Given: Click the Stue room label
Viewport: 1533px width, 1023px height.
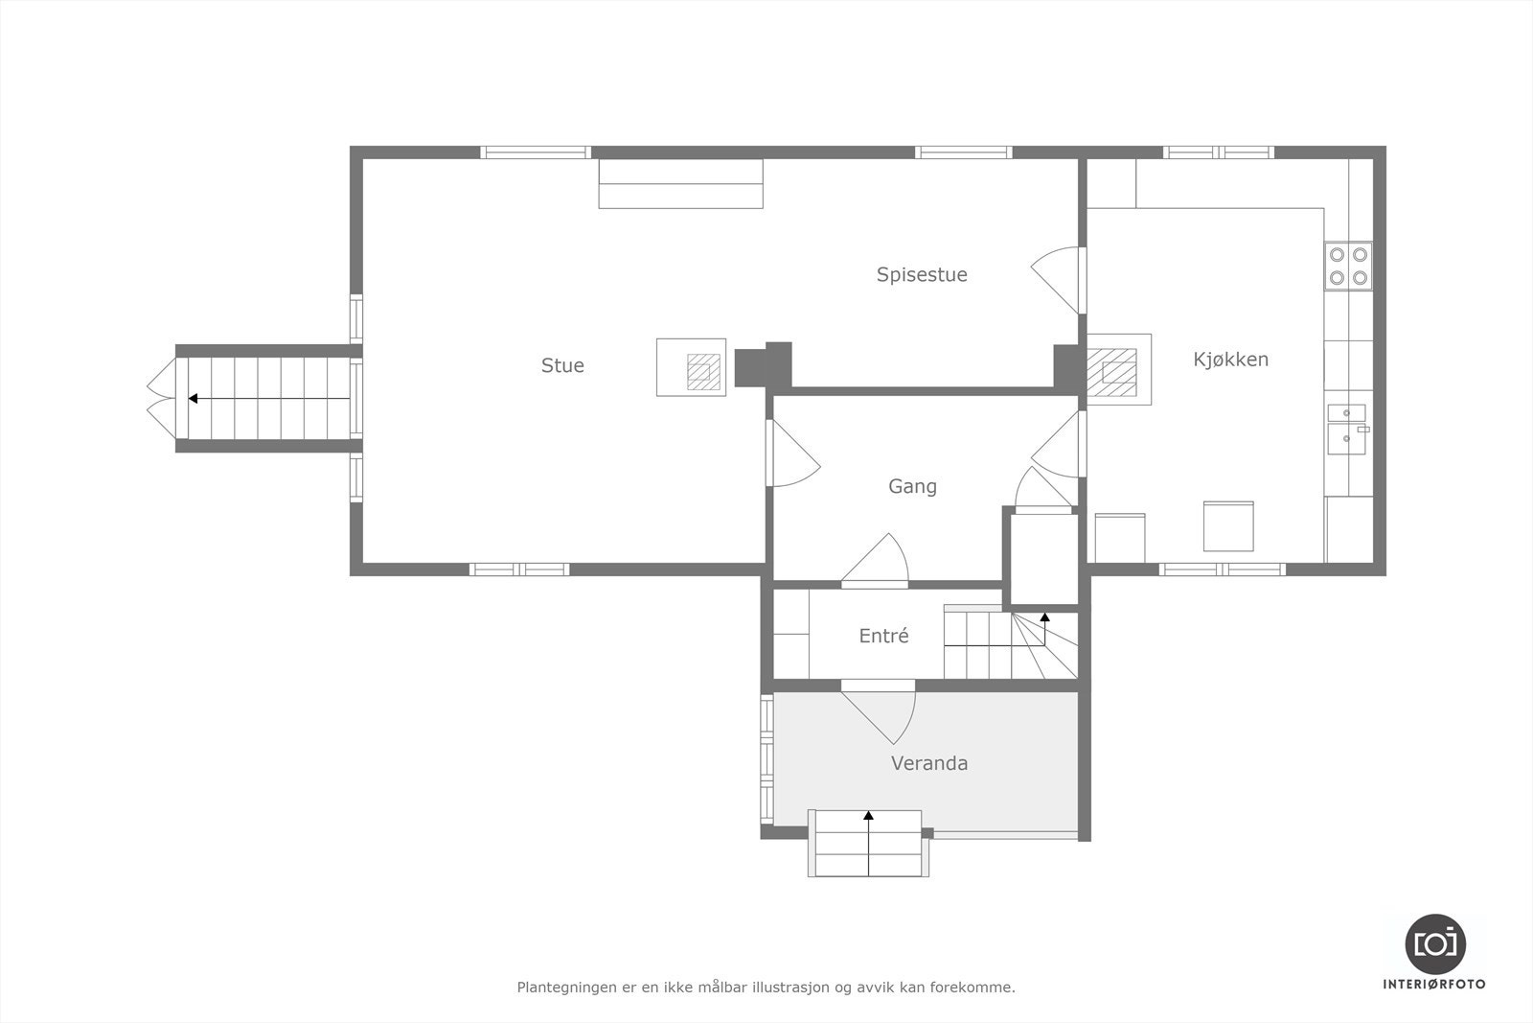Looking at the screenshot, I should [x=562, y=365].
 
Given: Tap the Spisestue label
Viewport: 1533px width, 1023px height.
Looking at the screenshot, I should [x=922, y=275].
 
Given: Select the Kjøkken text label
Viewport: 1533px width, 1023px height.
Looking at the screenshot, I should [x=1230, y=360].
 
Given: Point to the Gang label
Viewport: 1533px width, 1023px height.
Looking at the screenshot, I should [x=912, y=486].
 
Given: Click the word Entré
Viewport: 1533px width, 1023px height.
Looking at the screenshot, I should [x=883, y=636].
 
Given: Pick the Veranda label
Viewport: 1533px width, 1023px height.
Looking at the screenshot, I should [x=928, y=763].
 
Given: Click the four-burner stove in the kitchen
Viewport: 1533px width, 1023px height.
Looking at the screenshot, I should [x=1348, y=266].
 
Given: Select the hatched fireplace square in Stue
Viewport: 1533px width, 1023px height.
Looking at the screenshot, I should [x=704, y=371].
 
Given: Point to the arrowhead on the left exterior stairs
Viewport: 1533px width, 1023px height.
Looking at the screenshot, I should [x=193, y=398].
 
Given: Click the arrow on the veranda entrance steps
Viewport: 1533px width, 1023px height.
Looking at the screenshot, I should [x=868, y=817].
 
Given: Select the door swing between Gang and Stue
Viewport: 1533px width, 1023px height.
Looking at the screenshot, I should [x=792, y=455].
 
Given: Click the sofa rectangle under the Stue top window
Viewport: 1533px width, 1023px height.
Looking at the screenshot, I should [x=680, y=184].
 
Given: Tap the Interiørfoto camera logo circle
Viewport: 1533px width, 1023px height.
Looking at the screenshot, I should [x=1434, y=943].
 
